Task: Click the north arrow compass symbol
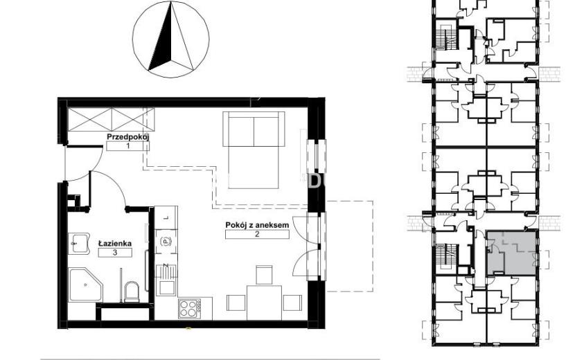[171, 39]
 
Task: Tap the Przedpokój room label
[127, 137]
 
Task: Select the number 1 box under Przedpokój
[127, 146]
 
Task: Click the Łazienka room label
[115, 243]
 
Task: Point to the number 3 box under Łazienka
[115, 252]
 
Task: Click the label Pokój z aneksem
[257, 225]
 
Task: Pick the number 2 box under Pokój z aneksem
[257, 234]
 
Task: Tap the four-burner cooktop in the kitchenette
[190, 309]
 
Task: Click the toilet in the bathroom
[132, 291]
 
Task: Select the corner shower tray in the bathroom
[85, 285]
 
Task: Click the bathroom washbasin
[79, 244]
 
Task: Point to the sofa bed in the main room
[254, 150]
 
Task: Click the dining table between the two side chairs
[265, 303]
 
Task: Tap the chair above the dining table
[264, 275]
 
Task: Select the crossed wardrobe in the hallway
[111, 119]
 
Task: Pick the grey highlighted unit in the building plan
[512, 253]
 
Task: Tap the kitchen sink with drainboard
[166, 280]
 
